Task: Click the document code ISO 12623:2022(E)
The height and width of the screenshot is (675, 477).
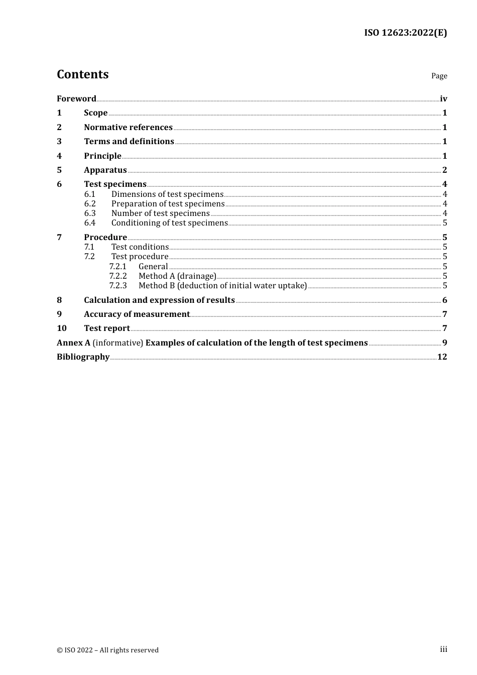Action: (405, 33)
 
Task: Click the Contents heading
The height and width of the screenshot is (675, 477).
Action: (82, 74)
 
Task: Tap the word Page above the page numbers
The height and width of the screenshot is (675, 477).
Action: (439, 76)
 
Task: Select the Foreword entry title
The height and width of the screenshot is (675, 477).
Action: (76, 98)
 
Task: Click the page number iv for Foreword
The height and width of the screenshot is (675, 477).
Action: (443, 99)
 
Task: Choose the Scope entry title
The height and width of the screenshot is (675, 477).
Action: (95, 113)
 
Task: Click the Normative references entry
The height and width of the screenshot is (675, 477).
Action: (128, 128)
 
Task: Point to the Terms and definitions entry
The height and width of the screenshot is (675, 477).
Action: (129, 142)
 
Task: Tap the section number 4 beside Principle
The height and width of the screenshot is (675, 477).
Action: (59, 156)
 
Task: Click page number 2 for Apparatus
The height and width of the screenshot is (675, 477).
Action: (444, 170)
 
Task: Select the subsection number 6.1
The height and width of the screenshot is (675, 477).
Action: (90, 194)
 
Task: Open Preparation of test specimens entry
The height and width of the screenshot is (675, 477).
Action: (168, 204)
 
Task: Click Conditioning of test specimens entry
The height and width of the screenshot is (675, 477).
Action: (169, 223)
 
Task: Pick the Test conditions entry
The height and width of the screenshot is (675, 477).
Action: (140, 247)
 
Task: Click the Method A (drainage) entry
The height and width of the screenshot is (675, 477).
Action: (177, 276)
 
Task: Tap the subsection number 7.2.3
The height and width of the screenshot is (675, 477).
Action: (118, 286)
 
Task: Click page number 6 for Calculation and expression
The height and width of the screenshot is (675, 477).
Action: (444, 300)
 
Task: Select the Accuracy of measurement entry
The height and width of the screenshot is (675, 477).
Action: (137, 314)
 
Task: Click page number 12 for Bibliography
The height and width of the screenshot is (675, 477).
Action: (442, 357)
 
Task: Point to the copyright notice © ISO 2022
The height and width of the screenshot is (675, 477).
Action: (107, 650)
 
